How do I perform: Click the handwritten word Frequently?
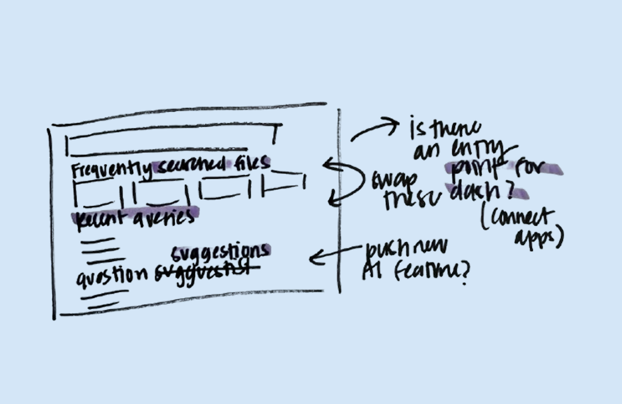tap(111, 170)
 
